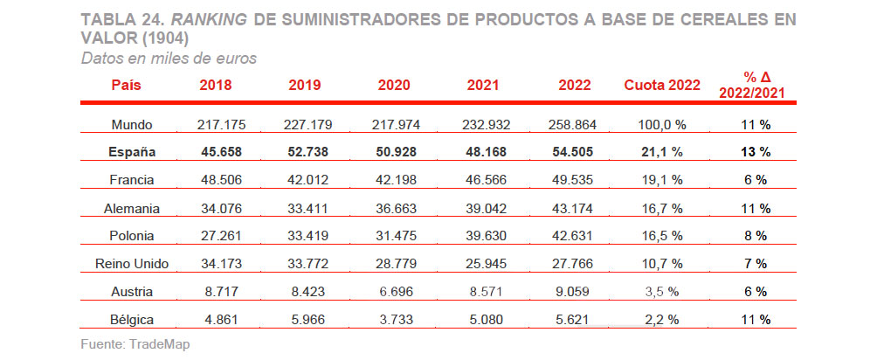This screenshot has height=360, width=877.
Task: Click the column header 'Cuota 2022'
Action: pos(662,85)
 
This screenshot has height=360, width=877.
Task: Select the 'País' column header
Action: pos(127,85)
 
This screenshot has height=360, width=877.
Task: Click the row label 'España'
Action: pos(132,152)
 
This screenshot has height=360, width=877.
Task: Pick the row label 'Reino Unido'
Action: pos(132,263)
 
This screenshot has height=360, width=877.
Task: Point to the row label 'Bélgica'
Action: pos(132,319)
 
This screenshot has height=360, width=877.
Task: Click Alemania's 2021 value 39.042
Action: pos(488,208)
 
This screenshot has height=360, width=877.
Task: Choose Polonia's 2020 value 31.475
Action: pos(396,236)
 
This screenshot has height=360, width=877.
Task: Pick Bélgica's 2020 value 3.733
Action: pos(396,319)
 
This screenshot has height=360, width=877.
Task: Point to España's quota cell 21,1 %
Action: pos(661,152)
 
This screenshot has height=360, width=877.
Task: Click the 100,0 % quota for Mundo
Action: pos(661,124)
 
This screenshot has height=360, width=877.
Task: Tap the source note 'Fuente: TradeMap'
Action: pos(135,344)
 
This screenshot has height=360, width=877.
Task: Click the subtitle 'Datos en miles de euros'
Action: pos(168,58)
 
